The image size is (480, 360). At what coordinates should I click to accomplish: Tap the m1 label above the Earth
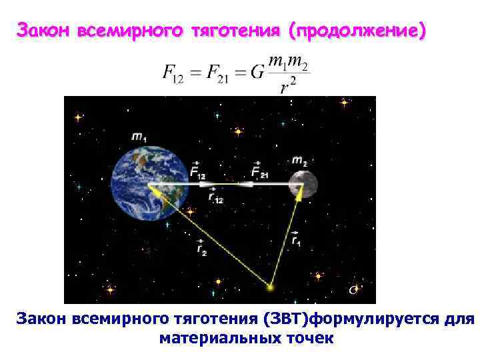pos(140,137)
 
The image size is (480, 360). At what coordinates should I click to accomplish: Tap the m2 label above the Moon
pos(299,161)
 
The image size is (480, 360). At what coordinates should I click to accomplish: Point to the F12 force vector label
pos(197,171)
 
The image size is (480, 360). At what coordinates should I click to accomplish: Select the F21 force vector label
pos(260,171)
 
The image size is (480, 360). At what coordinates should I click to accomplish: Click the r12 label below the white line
pos(215,196)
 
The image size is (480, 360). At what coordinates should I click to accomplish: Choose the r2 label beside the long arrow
pos(202,247)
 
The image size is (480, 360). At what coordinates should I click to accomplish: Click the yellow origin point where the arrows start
pos(270,287)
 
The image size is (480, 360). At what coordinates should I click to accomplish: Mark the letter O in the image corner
pos(353,289)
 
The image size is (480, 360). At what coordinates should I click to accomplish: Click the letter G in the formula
pos(257,72)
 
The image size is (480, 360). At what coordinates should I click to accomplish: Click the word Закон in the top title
pos(44,31)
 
